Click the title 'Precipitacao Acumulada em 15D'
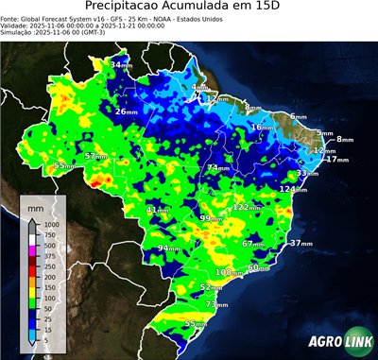[x=189, y=7]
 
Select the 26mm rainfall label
[x=126, y=111]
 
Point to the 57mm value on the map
[x=95, y=156]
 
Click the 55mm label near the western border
[x=64, y=165]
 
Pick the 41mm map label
[x=159, y=210]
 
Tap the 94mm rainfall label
[x=168, y=249]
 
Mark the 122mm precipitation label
[x=246, y=207]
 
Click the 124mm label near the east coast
[x=292, y=189]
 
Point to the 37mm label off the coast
[x=301, y=244]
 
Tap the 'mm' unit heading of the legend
[x=36, y=205]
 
